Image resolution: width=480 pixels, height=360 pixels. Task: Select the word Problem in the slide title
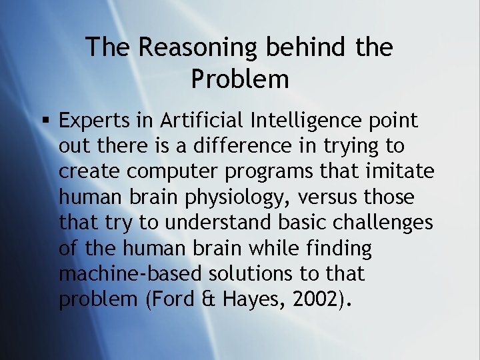(x=240, y=79)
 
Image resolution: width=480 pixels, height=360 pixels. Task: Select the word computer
(x=173, y=172)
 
